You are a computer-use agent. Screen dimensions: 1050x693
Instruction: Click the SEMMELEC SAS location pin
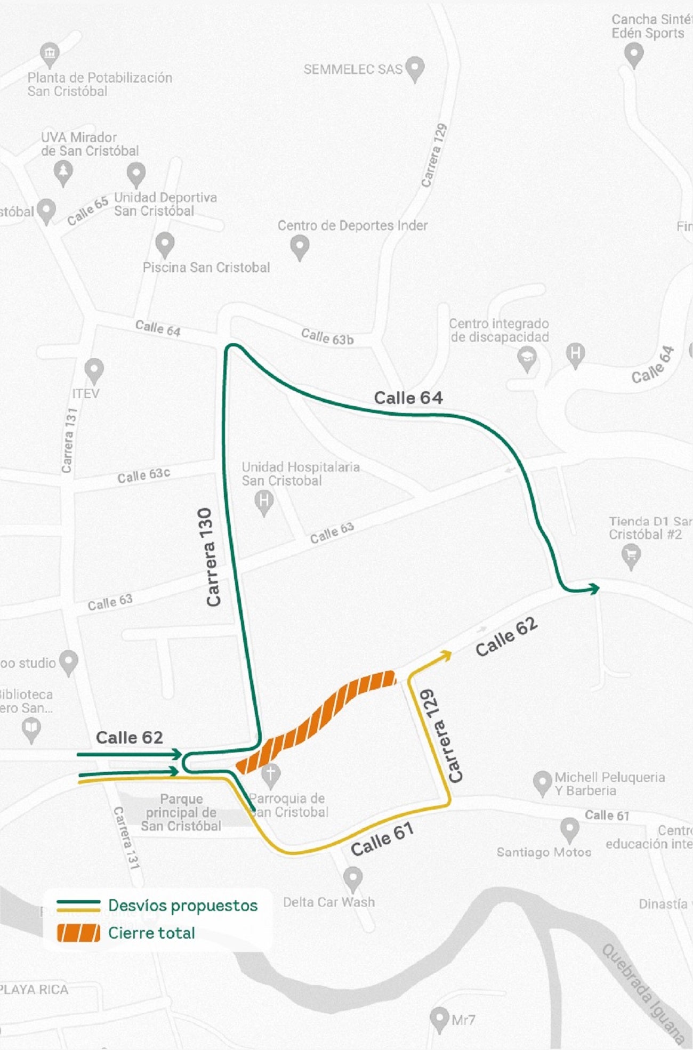(x=415, y=68)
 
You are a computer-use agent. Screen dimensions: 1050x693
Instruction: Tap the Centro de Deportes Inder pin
(x=300, y=247)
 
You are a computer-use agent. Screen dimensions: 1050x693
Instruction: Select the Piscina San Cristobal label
(x=206, y=268)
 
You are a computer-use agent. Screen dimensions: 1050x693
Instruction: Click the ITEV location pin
(x=94, y=369)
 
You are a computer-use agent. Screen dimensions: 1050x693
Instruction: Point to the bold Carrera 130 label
(x=213, y=558)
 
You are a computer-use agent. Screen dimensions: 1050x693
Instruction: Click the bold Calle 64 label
(x=408, y=398)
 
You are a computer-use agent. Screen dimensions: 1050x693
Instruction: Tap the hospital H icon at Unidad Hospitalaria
(x=264, y=502)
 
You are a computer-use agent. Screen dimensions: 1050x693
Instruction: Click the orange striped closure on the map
(x=320, y=720)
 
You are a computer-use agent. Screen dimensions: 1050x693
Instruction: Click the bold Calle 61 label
(x=382, y=839)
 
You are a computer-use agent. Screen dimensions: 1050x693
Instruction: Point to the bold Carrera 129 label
(x=442, y=736)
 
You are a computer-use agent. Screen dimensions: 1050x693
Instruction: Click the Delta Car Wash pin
(x=352, y=878)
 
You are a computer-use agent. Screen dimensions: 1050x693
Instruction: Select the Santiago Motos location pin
(x=569, y=829)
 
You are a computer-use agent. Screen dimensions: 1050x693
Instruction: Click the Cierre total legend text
(x=151, y=933)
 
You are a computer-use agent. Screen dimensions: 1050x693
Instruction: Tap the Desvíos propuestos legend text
(x=183, y=906)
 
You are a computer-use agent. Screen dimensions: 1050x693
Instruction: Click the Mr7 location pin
(x=439, y=1019)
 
